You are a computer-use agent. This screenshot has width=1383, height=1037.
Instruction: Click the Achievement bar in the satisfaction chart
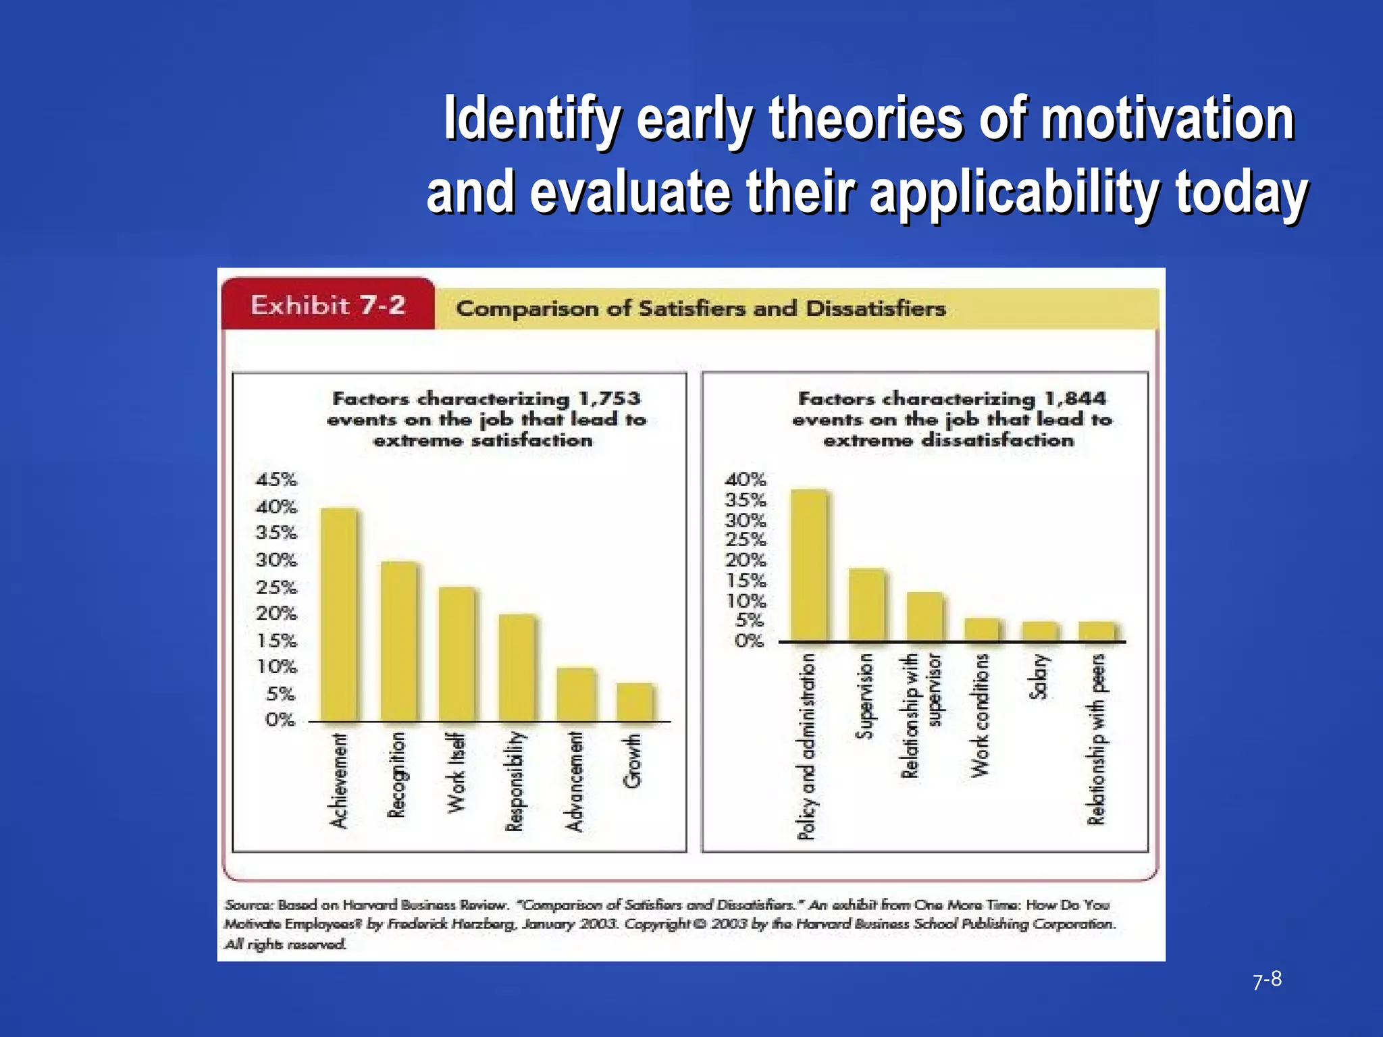(338, 614)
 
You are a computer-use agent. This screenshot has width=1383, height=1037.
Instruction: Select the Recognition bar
(398, 641)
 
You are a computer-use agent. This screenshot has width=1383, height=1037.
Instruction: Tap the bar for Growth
(635, 702)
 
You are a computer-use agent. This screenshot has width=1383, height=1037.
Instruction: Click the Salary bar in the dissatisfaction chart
(1039, 631)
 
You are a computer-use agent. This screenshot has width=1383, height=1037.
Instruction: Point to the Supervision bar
(866, 604)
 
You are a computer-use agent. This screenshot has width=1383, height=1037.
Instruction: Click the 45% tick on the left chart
(276, 480)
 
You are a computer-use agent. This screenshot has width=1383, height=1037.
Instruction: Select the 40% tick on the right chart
(746, 480)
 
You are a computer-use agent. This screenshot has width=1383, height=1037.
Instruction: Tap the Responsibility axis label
(515, 781)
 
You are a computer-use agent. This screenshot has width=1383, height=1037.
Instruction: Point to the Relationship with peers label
(1097, 739)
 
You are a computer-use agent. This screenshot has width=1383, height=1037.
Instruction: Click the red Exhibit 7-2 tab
(328, 305)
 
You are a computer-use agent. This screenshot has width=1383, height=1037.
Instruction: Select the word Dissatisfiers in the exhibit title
(875, 309)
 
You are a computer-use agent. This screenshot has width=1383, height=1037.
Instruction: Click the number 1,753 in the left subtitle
(610, 398)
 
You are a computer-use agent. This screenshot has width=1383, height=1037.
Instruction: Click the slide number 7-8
(1267, 979)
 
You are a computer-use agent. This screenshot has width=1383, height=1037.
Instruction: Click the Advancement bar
(576, 695)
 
